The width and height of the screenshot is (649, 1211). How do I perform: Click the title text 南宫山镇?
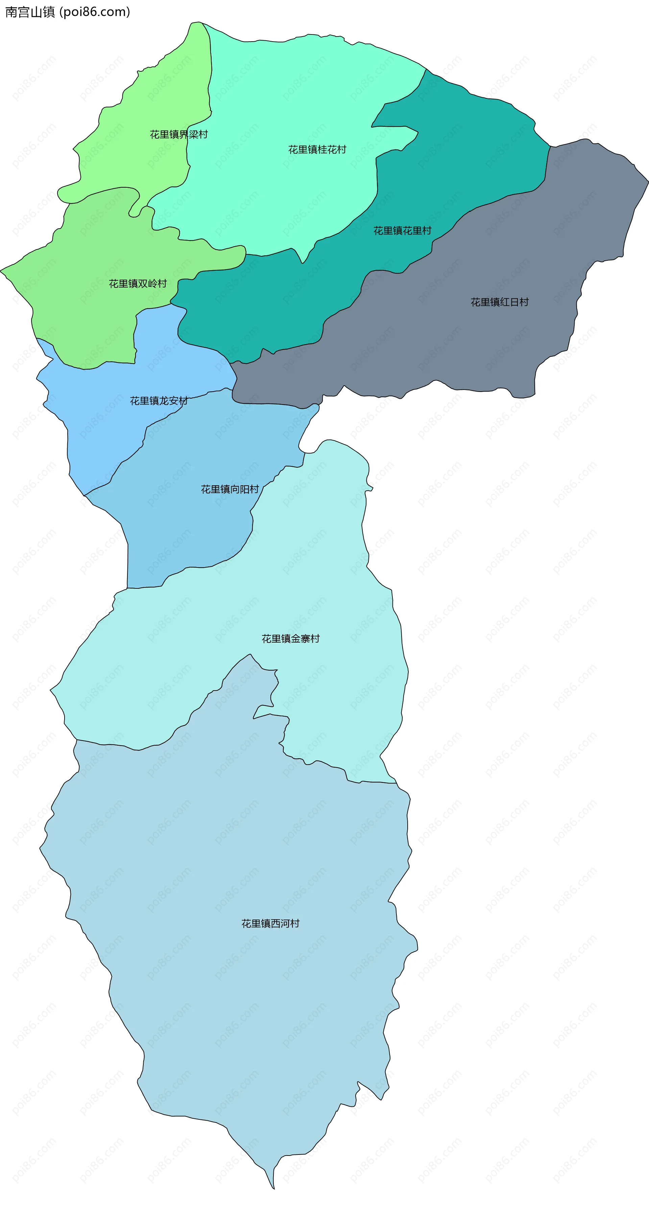[x=30, y=12]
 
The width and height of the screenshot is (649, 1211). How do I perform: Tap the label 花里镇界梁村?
[x=178, y=135]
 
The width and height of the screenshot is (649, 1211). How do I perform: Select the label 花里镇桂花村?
[x=317, y=149]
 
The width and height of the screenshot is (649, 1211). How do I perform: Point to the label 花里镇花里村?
[x=402, y=230]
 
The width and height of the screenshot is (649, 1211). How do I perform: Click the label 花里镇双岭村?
[x=138, y=283]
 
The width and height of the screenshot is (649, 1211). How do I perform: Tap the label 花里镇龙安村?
[x=159, y=400]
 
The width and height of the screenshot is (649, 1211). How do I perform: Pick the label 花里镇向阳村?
[x=230, y=489]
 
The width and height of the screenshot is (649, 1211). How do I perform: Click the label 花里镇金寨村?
[x=290, y=638]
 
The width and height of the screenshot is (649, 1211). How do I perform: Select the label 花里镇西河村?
[x=270, y=923]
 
